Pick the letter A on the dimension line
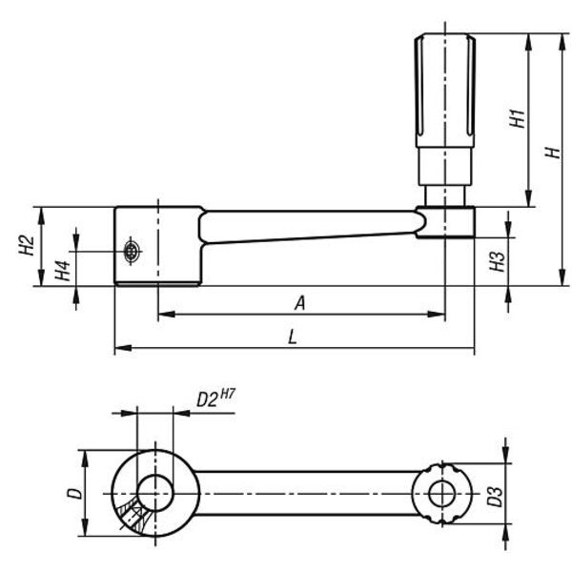click(x=299, y=303)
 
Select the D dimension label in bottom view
click(x=71, y=494)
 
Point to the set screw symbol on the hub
click(x=133, y=252)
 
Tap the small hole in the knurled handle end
click(x=441, y=493)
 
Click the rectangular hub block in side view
click(x=157, y=247)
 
